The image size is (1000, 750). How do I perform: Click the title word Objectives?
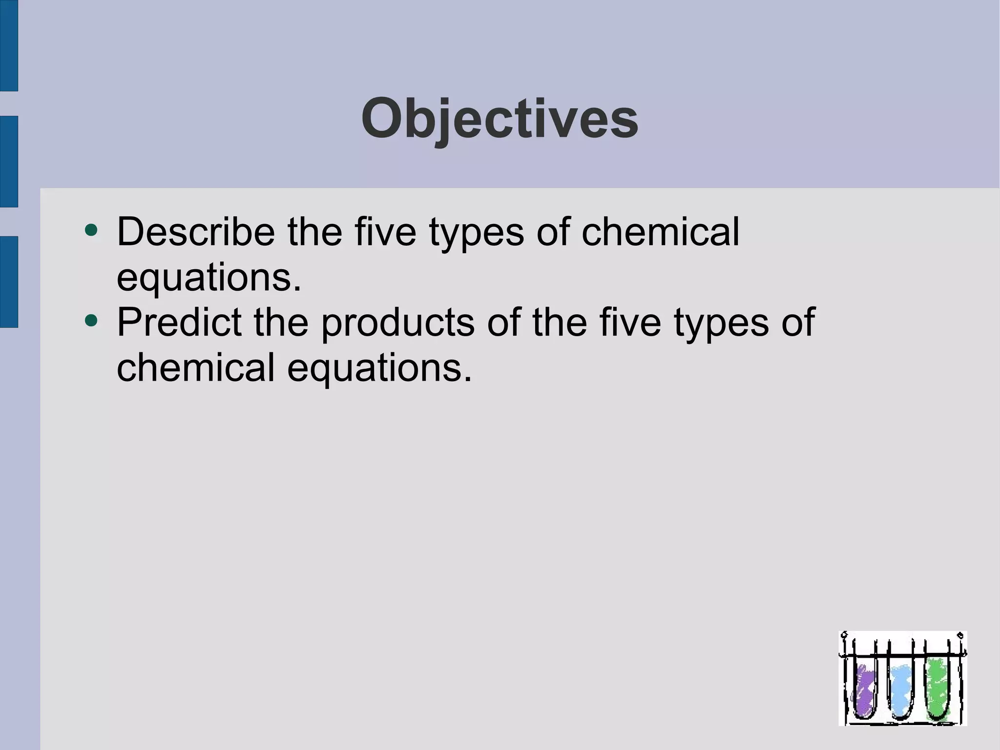coord(499,119)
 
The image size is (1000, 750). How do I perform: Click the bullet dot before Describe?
coord(91,230)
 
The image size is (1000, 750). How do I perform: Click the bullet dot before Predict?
coord(91,321)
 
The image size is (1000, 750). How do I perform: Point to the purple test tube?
coord(865,689)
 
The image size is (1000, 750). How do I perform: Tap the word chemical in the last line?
coord(196,367)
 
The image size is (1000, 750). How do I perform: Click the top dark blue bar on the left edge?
coord(9,45)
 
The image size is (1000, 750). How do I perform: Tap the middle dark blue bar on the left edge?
coord(9,161)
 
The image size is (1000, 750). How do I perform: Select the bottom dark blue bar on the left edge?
coord(9,281)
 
